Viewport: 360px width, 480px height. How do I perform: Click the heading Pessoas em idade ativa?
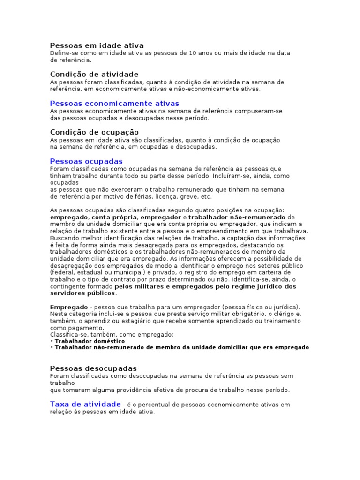[97, 45]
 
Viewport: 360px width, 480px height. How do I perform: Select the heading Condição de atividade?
[94, 74]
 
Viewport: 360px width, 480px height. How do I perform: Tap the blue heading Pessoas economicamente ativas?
[114, 103]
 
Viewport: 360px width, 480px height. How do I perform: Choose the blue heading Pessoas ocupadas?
[86, 161]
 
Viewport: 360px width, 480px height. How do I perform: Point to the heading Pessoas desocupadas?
[93, 368]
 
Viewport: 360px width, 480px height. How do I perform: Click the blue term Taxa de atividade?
[85, 404]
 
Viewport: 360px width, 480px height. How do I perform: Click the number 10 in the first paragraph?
[193, 53]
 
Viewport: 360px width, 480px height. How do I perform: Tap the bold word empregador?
[160, 217]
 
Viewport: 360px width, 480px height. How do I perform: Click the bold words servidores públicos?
[82, 293]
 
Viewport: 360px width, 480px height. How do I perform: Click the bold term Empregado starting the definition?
[69, 307]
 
